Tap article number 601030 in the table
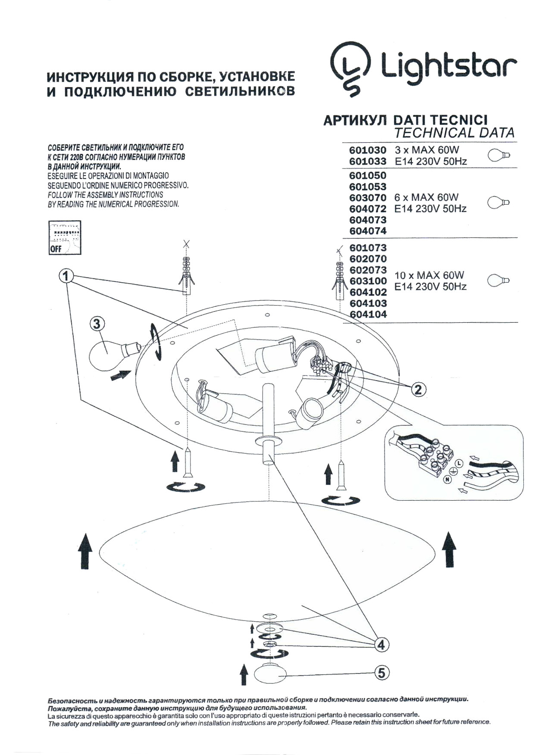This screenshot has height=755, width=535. [367, 150]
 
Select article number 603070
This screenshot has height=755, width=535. [367, 198]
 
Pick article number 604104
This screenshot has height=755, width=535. [368, 315]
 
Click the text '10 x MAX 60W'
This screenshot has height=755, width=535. [429, 275]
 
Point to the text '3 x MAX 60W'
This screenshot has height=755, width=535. [427, 150]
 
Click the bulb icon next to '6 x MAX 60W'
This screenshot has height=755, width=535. [499, 202]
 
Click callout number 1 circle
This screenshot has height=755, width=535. [66, 276]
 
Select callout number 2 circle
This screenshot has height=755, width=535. [417, 390]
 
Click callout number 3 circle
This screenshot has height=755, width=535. [97, 324]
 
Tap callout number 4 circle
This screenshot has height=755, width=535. [381, 645]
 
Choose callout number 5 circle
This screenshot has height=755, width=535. [382, 673]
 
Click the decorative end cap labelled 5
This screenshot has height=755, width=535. [270, 674]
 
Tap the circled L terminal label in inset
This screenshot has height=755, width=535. [459, 463]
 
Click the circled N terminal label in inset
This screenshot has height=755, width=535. [447, 480]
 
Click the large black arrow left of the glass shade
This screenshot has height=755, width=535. [85, 550]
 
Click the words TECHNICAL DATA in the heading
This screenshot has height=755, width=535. [454, 133]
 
